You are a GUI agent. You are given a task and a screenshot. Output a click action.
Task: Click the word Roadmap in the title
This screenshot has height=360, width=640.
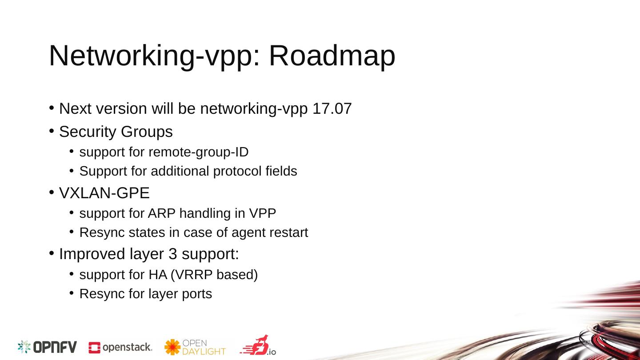point(332,56)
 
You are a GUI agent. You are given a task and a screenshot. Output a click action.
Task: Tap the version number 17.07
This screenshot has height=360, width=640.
point(332,108)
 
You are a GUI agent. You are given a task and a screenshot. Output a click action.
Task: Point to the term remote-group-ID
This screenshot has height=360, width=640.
point(198,152)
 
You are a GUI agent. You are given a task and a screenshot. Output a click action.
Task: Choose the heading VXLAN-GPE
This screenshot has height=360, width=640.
point(104,193)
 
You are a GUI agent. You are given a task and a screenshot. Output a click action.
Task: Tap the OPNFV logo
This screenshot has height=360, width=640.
point(47,347)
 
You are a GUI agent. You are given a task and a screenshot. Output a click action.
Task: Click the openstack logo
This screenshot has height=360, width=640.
point(120,347)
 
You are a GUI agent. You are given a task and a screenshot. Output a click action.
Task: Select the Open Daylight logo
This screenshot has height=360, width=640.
point(195,347)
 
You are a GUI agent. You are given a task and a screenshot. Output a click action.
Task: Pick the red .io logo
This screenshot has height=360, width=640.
point(258,345)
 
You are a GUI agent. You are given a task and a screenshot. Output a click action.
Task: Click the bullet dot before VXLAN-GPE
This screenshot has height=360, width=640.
point(52,192)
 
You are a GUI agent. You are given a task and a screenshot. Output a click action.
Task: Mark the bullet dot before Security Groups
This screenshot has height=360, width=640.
point(52,131)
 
